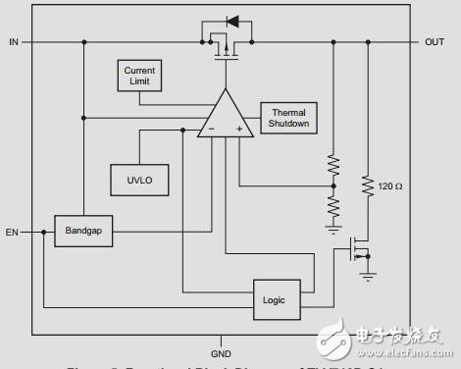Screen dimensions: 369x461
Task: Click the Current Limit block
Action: [x=138, y=76]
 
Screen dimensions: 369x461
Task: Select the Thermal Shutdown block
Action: [x=288, y=117]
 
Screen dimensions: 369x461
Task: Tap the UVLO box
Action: [x=137, y=180]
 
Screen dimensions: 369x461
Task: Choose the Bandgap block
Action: [x=84, y=232]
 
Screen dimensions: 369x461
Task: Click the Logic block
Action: [x=276, y=298]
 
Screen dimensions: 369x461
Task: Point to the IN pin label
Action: [x=14, y=42]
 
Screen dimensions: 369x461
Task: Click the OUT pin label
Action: [x=434, y=42]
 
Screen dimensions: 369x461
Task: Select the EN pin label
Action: [x=12, y=233]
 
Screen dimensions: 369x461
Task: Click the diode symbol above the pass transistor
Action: [x=232, y=21]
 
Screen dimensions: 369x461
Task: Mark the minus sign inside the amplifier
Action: [x=209, y=129]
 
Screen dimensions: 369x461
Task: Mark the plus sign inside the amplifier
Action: [x=238, y=129]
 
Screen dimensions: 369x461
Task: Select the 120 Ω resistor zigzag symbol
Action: [x=368, y=184]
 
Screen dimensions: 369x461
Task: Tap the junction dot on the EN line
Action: [x=43, y=233]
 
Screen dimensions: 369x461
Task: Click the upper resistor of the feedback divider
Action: [x=333, y=167]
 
